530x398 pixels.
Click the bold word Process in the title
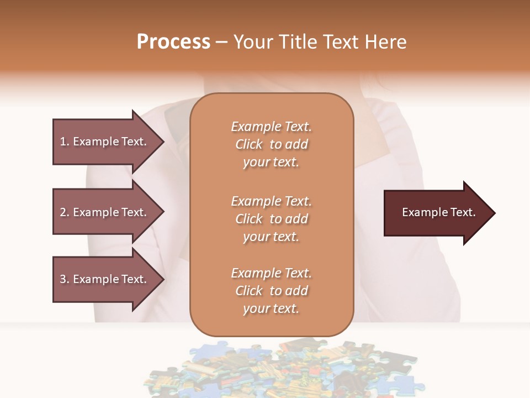(173, 42)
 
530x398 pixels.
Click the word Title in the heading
(298, 42)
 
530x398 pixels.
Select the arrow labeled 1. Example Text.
(105, 142)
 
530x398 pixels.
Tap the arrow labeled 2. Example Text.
(105, 212)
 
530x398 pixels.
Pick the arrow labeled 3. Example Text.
(105, 279)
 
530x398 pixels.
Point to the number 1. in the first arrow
(65, 142)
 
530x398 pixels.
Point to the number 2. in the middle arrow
(65, 212)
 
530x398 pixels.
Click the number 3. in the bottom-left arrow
(65, 279)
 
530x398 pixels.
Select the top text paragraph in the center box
(271, 144)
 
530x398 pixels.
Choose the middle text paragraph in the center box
(271, 219)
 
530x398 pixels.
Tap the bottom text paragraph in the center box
(271, 291)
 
